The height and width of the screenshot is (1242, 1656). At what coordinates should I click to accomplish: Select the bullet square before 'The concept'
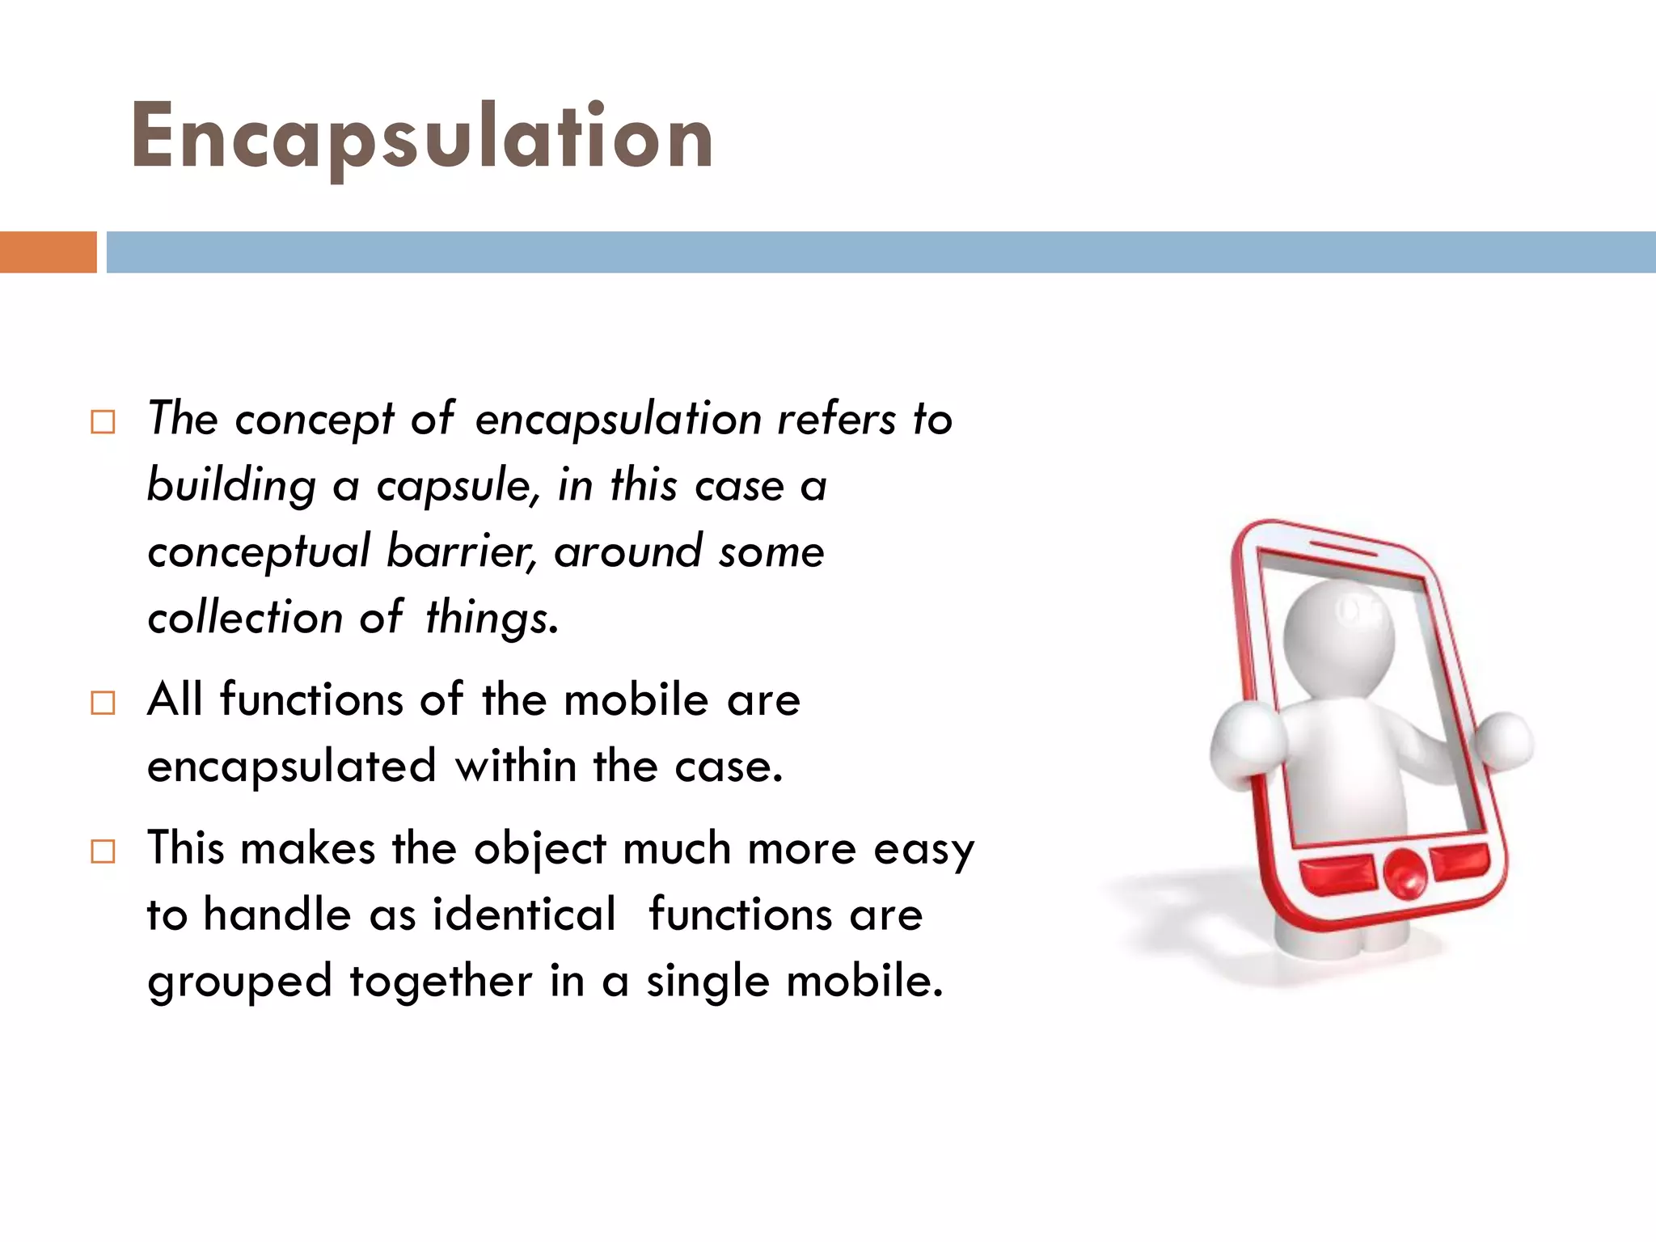coord(103,422)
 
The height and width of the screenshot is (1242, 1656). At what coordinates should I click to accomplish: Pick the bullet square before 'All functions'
coord(103,703)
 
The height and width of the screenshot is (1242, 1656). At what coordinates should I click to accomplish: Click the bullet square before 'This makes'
coord(103,851)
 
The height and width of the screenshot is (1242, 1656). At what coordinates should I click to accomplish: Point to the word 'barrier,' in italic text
coord(461,552)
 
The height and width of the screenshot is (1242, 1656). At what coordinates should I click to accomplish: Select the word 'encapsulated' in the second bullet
coord(291,767)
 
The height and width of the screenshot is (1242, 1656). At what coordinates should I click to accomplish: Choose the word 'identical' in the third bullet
coord(524,915)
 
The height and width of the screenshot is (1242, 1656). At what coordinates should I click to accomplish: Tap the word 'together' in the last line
coord(441,982)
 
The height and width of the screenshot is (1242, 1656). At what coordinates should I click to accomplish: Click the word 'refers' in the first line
coord(836,420)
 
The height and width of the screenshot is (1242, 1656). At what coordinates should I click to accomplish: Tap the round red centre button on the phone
coord(1405,873)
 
